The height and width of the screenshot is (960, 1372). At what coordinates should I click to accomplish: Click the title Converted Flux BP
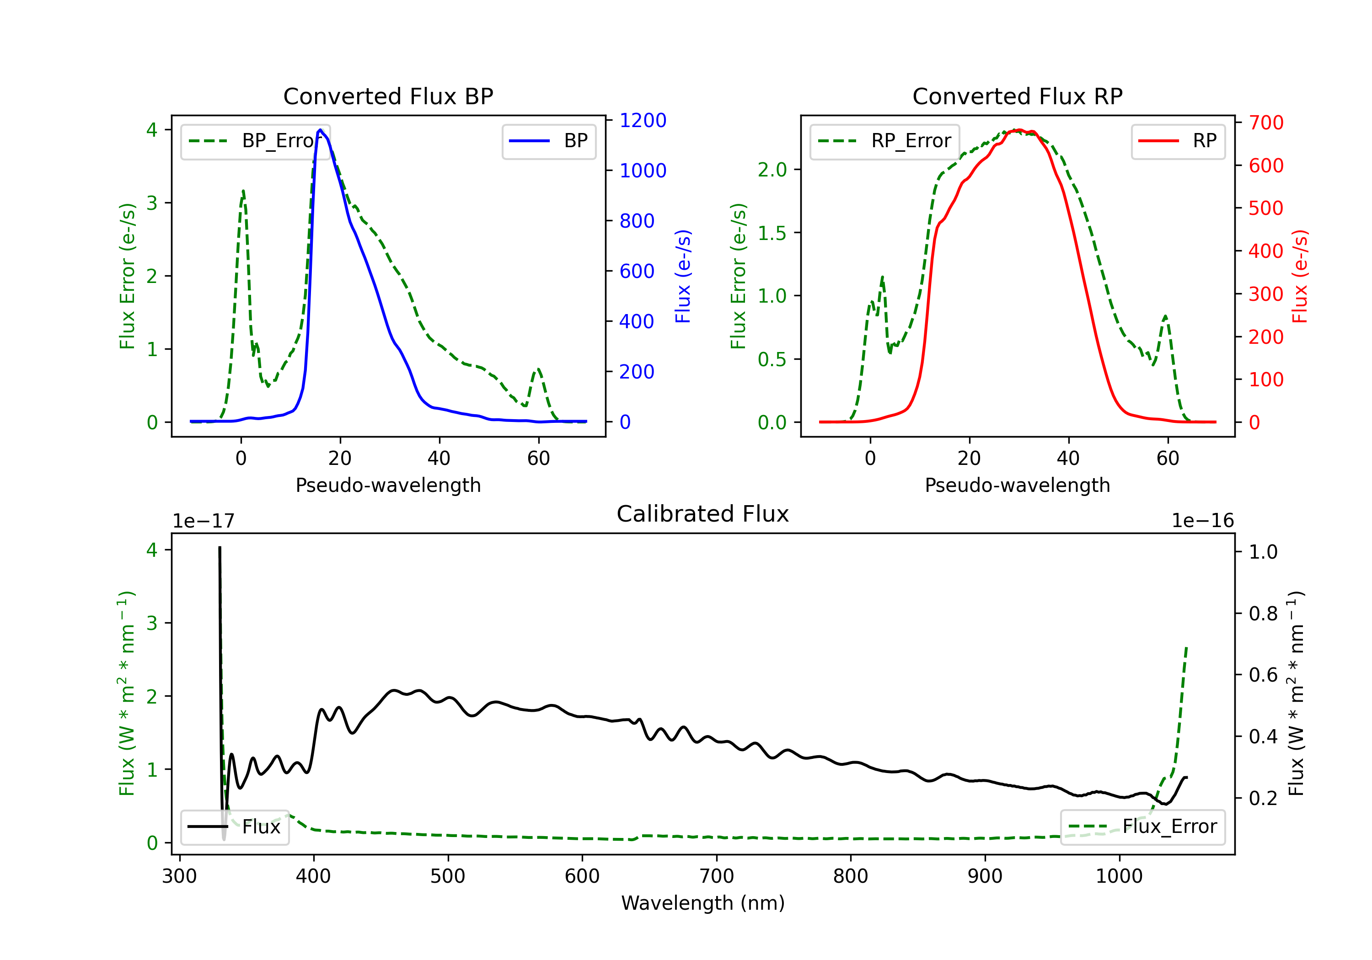click(x=388, y=96)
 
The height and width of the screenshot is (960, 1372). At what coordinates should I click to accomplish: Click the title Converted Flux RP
click(x=1017, y=96)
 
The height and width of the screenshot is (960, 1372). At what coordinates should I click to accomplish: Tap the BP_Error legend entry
click(x=256, y=141)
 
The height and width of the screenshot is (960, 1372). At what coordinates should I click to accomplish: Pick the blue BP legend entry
click(x=548, y=141)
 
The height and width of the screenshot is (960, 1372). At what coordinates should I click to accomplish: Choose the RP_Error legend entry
click(x=884, y=141)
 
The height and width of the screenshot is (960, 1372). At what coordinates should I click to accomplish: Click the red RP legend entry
click(x=1177, y=141)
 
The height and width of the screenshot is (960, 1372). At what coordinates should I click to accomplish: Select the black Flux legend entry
click(x=235, y=827)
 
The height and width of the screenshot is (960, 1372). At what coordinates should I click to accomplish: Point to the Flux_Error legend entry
click(x=1142, y=827)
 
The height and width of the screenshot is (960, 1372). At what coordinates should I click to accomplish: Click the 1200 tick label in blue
click(x=643, y=121)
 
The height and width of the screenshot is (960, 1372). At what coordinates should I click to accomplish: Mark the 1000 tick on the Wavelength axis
click(x=1119, y=876)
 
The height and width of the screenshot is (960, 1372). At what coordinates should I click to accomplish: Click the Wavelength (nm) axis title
click(x=703, y=903)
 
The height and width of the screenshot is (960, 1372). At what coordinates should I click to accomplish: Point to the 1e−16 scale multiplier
click(x=1202, y=521)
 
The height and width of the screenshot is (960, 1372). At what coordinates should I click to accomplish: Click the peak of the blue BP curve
click(x=320, y=130)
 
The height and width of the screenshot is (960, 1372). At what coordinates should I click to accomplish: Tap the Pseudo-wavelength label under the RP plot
click(x=1017, y=485)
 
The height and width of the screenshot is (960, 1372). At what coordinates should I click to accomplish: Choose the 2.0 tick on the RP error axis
click(x=772, y=170)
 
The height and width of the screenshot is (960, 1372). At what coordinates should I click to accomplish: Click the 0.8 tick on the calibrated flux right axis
click(x=1263, y=613)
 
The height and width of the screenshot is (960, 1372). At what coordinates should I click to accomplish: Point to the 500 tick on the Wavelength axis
click(x=448, y=876)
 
